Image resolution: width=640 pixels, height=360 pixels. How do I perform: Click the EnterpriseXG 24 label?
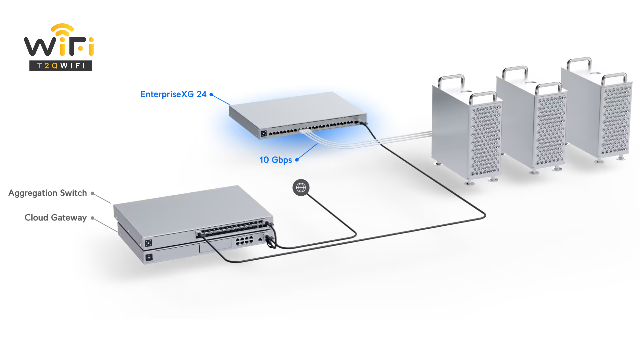click(x=173, y=94)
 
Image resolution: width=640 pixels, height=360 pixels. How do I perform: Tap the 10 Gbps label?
click(x=276, y=160)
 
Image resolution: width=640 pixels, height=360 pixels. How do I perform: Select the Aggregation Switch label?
click(x=47, y=193)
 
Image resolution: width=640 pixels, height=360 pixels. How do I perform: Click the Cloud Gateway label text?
click(x=55, y=218)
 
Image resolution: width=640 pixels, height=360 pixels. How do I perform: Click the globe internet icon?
click(x=301, y=188)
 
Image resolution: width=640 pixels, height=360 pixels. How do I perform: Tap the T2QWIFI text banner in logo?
click(x=61, y=66)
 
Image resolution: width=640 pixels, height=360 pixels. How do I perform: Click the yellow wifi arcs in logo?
click(x=62, y=29)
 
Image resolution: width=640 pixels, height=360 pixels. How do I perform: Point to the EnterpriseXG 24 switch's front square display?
click(x=264, y=134)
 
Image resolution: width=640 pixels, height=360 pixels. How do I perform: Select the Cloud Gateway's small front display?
click(x=149, y=257)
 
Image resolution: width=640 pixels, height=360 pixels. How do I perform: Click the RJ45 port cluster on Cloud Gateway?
click(x=244, y=241)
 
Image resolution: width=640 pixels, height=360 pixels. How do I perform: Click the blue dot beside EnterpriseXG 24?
click(x=211, y=95)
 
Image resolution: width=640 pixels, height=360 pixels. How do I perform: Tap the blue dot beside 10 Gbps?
click(x=297, y=160)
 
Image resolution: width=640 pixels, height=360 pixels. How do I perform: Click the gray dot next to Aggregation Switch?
click(x=92, y=193)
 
